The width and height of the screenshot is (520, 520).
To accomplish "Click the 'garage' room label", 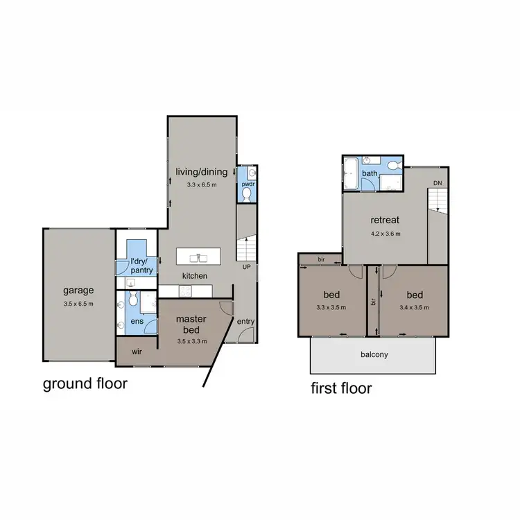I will point(78,291).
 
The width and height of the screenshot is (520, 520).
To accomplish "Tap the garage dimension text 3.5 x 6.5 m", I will point(78,304).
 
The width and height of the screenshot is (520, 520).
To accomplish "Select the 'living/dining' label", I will point(202,172).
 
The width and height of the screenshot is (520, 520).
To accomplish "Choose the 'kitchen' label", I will point(195,276).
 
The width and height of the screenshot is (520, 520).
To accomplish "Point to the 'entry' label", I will point(245,321).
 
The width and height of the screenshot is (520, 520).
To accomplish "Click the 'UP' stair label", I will point(246,266).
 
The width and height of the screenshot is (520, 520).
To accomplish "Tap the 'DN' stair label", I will point(437,182).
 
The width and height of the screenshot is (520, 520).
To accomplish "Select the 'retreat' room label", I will point(383,220).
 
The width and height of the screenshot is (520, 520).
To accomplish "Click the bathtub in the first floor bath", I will point(349,173).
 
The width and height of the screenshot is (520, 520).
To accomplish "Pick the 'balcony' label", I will point(374,354).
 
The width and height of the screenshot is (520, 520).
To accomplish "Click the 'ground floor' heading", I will point(85,383).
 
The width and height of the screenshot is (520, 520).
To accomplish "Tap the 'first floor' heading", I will point(340,388).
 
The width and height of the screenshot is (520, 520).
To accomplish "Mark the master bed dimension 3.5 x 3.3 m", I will point(191,340).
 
